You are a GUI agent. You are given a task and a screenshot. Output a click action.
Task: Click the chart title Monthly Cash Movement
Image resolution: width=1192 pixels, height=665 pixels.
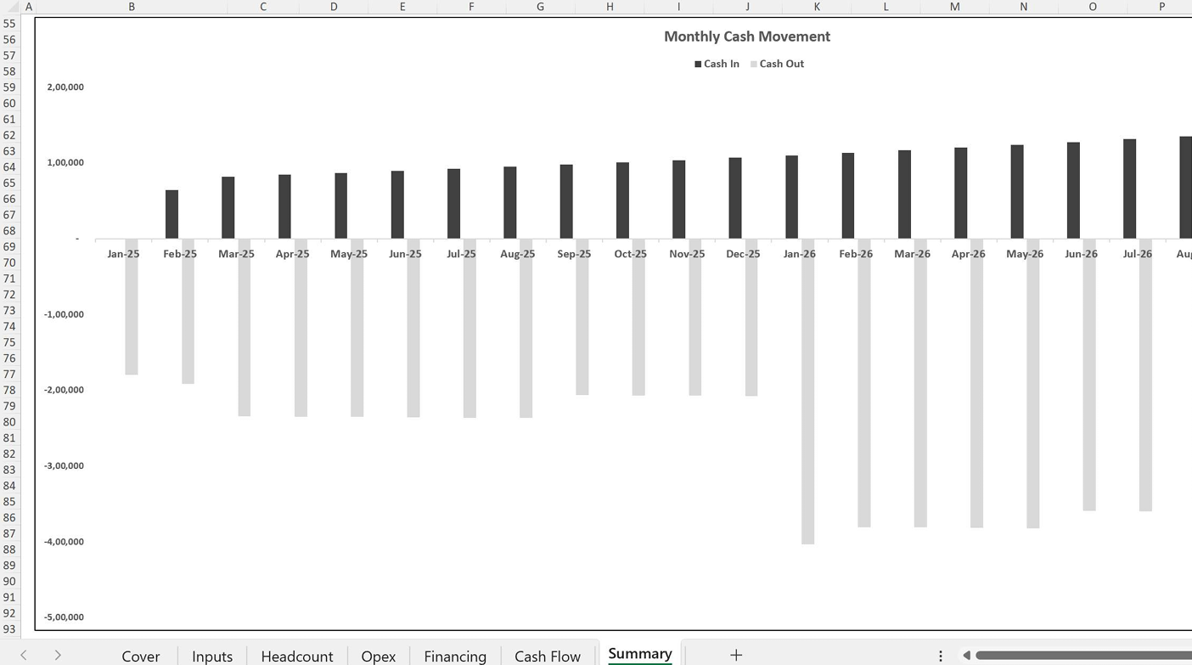tap(746, 37)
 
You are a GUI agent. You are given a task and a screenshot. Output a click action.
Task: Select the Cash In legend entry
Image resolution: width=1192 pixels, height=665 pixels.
tap(717, 64)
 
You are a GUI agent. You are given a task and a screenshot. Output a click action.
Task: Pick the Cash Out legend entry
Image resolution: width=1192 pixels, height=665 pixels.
tap(777, 64)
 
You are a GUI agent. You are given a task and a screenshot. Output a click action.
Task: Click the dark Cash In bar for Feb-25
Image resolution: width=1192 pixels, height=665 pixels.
tap(171, 214)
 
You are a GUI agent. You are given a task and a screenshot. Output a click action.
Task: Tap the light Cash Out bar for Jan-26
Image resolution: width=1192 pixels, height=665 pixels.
tap(807, 392)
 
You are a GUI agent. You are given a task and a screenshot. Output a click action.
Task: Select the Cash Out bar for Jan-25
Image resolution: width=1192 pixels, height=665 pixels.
tap(132, 307)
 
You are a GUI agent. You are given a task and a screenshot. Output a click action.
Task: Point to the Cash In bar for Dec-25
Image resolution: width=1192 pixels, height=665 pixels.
tap(735, 198)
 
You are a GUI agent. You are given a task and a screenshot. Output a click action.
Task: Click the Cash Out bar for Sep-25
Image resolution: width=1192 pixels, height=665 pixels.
tap(582, 317)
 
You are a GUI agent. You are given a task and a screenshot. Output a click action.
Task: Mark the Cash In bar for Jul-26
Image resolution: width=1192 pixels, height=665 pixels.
tap(1130, 189)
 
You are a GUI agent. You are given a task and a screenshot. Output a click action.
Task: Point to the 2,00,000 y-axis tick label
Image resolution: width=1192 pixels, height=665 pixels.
tap(65, 87)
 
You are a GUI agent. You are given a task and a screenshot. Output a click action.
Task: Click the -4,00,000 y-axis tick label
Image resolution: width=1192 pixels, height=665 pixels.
tap(64, 542)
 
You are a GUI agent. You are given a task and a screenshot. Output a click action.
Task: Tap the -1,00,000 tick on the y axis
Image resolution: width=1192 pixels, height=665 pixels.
tap(64, 314)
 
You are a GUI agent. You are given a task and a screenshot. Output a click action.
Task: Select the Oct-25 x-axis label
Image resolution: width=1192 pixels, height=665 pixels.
tap(631, 254)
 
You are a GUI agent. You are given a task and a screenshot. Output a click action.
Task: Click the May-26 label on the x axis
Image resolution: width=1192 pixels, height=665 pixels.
tap(1025, 254)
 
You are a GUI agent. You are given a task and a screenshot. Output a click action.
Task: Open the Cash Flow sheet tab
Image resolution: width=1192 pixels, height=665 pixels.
tap(548, 657)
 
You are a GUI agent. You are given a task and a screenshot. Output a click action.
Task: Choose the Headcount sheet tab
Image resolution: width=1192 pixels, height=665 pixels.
tap(297, 657)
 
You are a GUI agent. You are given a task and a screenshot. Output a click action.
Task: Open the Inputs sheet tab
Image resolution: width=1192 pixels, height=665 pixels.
tap(212, 657)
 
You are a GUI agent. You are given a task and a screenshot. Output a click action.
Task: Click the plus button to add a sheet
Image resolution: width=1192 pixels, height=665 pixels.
tap(736, 655)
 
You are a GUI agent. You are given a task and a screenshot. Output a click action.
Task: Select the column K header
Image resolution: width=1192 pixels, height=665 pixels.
tap(817, 7)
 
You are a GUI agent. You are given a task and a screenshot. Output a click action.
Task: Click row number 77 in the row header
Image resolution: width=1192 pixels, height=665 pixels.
tap(9, 375)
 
